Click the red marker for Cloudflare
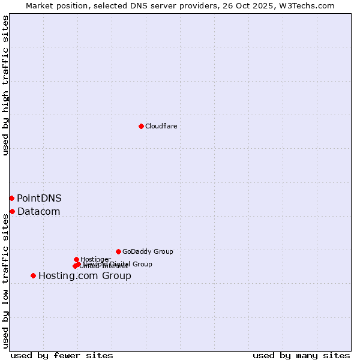click(x=141, y=126)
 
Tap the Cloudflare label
click(x=161, y=126)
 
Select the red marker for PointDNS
click(x=11, y=198)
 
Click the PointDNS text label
click(x=39, y=198)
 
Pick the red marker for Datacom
click(x=12, y=211)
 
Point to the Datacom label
click(x=38, y=211)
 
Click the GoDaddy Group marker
click(x=118, y=251)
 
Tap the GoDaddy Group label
click(x=148, y=252)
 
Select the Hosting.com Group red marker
click(x=33, y=275)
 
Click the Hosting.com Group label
click(x=85, y=276)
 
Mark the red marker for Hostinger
click(x=76, y=259)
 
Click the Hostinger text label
click(x=95, y=259)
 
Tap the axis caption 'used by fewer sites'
click(x=62, y=355)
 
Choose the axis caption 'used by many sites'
click(x=301, y=355)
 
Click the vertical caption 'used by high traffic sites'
click(x=5, y=85)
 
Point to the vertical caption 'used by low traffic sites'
click(x=5, y=280)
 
